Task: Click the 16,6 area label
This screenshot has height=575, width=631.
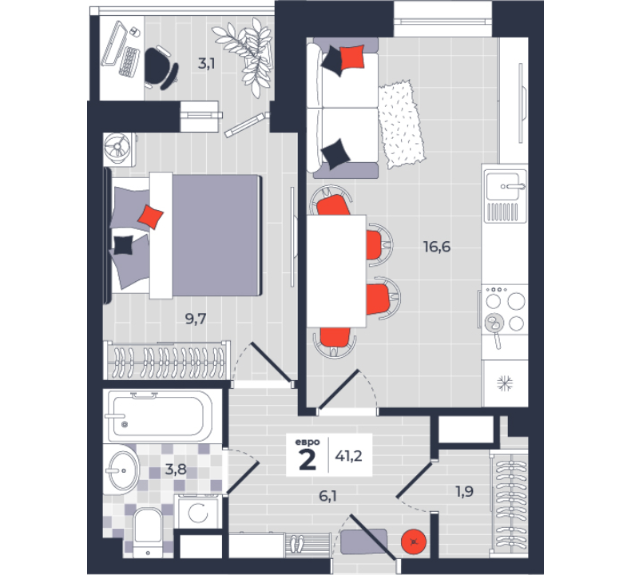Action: coord(437,247)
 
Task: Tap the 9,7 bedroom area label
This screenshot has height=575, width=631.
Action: coord(196,319)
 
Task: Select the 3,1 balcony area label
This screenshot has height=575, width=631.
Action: coord(206,64)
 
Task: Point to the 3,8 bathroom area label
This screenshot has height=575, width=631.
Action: coord(176,469)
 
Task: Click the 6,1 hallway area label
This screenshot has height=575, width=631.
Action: coord(328,496)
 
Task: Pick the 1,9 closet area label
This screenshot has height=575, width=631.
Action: coord(464,491)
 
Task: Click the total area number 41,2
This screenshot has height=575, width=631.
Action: coord(348,456)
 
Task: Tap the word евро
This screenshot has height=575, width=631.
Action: coord(308,442)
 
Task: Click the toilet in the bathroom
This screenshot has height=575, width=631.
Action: coord(148,532)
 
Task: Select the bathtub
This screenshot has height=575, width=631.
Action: coord(158,416)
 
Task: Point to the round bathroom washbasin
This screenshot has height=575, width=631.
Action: coord(124,470)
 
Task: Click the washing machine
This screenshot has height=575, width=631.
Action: coord(198,512)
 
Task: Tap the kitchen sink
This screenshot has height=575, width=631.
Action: coord(506,196)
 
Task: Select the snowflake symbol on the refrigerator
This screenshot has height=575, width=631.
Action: coord(505,383)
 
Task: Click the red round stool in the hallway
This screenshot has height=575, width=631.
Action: coord(414,541)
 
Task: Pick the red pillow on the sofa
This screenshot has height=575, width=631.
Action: coord(352,57)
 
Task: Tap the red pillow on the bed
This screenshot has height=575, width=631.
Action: coord(150,217)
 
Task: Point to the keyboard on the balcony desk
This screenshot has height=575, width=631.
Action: coord(129,61)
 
